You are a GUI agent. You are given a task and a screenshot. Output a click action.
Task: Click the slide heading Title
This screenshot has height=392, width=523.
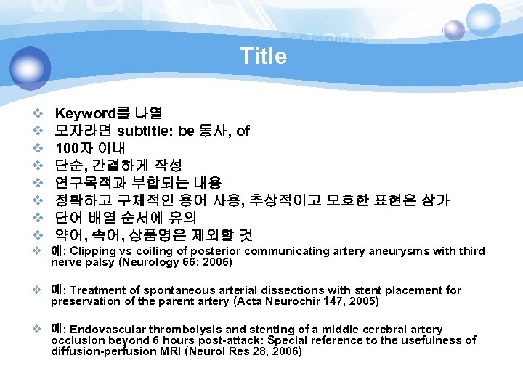(263, 56)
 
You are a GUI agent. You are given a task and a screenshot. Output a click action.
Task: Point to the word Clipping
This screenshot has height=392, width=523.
(95, 251)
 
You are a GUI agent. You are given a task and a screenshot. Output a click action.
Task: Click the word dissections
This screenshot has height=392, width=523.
(285, 290)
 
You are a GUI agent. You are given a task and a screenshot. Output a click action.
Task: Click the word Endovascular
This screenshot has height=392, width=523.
(104, 330)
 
